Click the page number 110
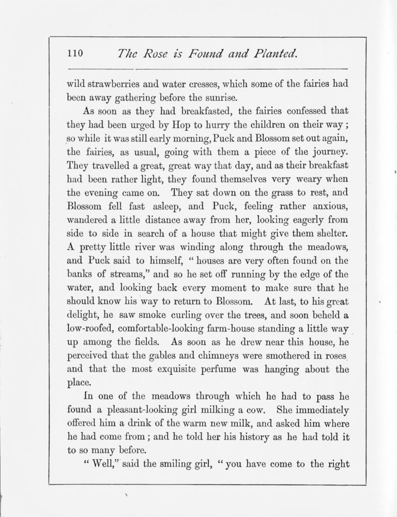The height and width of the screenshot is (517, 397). coord(74,53)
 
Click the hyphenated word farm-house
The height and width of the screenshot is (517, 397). coord(251,328)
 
